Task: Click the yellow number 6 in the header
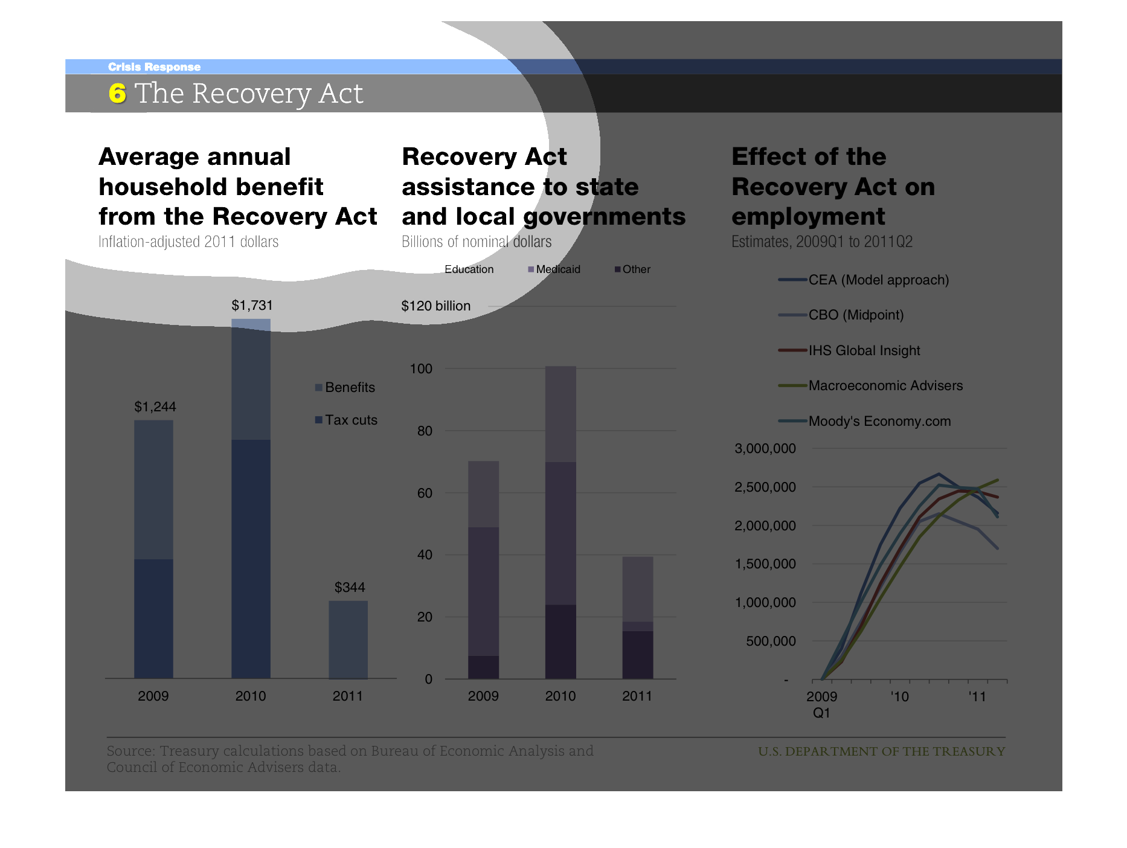117,94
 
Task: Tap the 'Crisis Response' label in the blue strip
154,67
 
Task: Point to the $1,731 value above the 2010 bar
251,306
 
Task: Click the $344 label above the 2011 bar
350,587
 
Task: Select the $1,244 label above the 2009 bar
155,407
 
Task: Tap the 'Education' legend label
469,269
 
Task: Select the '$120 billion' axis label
435,306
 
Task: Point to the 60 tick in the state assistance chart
425,493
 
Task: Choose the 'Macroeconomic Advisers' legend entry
885,386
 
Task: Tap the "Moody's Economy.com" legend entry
879,422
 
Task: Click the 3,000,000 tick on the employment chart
765,449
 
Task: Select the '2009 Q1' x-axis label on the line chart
821,704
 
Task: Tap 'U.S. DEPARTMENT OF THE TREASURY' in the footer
881,751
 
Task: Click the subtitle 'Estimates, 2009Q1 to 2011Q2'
821,242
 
